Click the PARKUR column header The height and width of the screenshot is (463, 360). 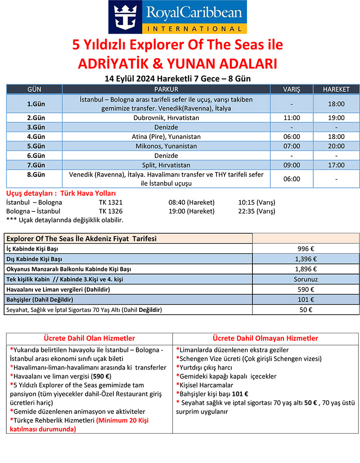point(166,89)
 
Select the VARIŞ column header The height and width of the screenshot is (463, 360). point(292,89)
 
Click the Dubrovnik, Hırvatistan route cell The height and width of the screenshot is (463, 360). point(166,118)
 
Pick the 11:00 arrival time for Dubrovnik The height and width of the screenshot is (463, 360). point(292,118)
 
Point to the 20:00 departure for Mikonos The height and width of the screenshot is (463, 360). point(336,146)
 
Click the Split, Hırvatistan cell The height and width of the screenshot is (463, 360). point(166,165)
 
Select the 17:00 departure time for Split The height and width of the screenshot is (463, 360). point(336,165)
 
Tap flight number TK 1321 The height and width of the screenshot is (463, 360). point(111,202)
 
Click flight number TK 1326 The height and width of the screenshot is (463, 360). point(111,211)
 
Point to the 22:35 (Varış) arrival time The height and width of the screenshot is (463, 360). point(256,211)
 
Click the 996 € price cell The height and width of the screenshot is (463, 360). point(306,248)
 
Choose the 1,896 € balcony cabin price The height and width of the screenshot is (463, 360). point(306,269)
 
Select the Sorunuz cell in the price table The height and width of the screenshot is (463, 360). point(306,279)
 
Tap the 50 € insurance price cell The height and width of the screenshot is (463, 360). point(306,310)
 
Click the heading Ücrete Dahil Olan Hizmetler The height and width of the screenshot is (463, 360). point(89,338)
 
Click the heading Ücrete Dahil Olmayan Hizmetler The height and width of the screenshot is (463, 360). point(265,338)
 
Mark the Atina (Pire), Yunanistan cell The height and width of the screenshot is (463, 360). point(166,136)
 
